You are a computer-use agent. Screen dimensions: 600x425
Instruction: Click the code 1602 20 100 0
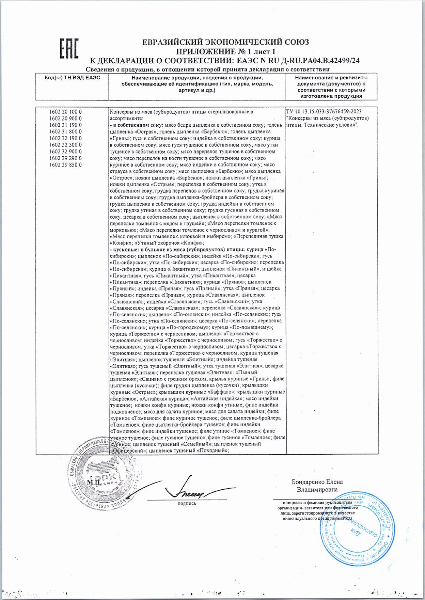(65, 112)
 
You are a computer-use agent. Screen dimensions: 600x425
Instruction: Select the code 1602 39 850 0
(65, 165)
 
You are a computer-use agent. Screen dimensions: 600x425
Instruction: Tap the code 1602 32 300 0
(65, 145)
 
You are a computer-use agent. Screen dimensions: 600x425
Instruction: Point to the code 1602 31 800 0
(65, 131)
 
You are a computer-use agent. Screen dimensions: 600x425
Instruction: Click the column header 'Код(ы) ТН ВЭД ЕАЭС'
(72, 78)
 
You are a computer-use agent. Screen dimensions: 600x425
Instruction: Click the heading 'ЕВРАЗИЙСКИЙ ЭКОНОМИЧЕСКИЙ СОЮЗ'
(225, 42)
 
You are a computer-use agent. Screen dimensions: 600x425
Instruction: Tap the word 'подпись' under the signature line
(187, 504)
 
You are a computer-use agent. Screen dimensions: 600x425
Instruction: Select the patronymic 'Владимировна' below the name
(317, 490)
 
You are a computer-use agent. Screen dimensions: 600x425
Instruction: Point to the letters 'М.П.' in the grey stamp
(93, 483)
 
